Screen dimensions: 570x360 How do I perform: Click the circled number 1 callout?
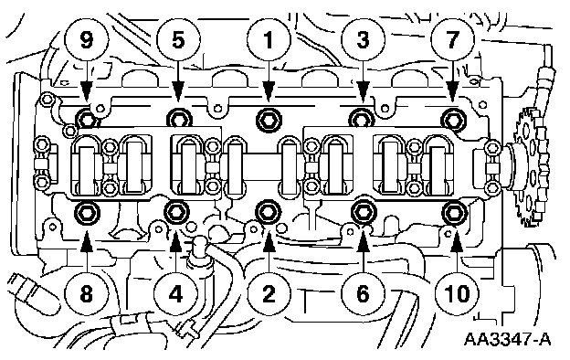[x=269, y=39]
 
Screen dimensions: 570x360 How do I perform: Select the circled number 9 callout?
[x=87, y=39]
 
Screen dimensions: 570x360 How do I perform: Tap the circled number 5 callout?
[x=178, y=39]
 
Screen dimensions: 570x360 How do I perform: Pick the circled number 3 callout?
[x=363, y=39]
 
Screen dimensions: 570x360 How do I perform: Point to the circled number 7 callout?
[x=452, y=39]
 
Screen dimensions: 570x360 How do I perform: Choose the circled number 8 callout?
[x=87, y=293]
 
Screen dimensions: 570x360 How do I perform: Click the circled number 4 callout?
[x=176, y=293]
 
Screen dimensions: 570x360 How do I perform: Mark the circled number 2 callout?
[x=269, y=293]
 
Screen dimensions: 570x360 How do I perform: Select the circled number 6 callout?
[x=364, y=293]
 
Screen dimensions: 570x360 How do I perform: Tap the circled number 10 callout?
[x=458, y=293]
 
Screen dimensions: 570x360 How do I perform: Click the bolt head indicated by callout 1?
[x=269, y=119]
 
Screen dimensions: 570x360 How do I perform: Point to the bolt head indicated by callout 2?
[x=269, y=212]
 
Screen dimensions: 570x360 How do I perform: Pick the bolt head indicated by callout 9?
[x=86, y=118]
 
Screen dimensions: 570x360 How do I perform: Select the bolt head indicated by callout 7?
[x=454, y=118]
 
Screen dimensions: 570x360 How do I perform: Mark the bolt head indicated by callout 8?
[x=86, y=212]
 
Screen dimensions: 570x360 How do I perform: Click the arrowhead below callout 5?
[x=178, y=94]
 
